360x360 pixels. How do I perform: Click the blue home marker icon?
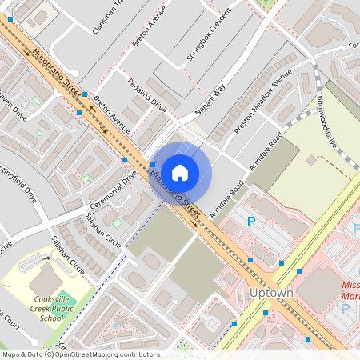click(x=180, y=172)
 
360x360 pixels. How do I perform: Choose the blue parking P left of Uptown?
click(x=250, y=222)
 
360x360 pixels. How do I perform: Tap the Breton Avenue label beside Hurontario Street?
click(x=111, y=114)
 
